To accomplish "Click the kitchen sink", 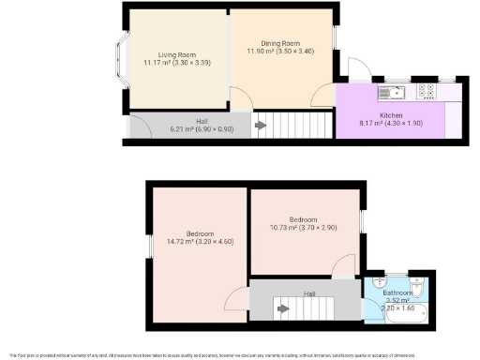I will (x=390, y=92).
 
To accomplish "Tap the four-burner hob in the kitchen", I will (x=426, y=92).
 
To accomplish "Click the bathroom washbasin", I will (x=377, y=280).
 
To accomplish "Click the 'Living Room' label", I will (x=160, y=54).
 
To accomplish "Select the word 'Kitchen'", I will (x=391, y=115).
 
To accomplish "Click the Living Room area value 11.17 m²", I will (x=160, y=63).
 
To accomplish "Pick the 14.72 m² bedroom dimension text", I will (x=187, y=242).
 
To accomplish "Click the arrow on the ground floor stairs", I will (x=261, y=125).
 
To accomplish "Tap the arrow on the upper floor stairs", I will (x=279, y=305).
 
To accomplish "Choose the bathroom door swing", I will (x=374, y=281).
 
